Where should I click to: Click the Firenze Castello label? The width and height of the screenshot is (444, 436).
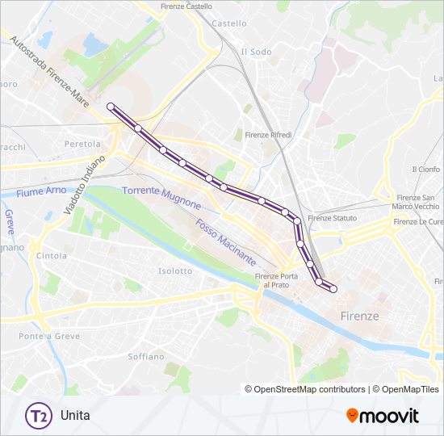[186, 6]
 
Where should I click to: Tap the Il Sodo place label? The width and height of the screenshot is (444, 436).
[256, 52]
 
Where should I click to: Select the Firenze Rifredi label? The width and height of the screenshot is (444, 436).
[268, 135]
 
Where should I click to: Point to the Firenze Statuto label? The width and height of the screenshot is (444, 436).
[332, 218]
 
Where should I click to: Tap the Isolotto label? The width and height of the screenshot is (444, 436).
[175, 271]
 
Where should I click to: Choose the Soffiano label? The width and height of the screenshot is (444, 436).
[145, 356]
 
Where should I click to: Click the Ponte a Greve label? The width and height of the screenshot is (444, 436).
[42, 336]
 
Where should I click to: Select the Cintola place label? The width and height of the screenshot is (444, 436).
[51, 256]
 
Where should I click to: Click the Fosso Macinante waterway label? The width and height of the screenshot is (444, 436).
[225, 243]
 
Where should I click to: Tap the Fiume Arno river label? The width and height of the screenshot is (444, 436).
[40, 193]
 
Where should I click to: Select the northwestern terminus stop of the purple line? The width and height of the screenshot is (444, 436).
[111, 107]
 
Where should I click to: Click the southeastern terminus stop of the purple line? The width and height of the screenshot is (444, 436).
[333, 289]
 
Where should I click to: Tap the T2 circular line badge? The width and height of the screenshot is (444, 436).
[36, 416]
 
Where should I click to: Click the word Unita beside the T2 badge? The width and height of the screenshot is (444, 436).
[74, 416]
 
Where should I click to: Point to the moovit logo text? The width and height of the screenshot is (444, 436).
[390, 416]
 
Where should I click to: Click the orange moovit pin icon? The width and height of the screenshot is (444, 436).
[352, 416]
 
